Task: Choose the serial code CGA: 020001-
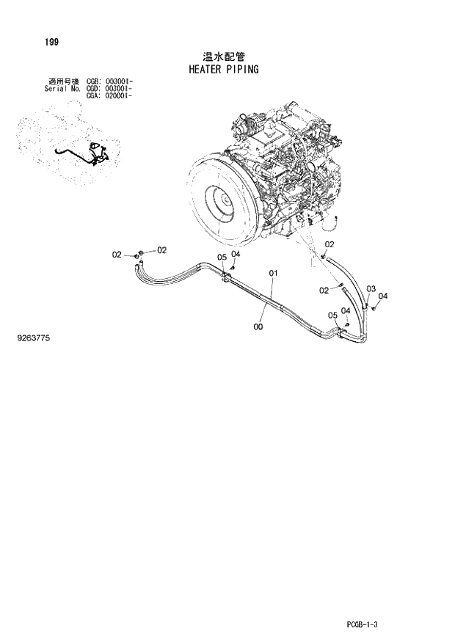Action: pyautogui.click(x=109, y=95)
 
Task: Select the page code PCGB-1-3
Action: pyautogui.click(x=365, y=624)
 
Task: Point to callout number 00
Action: pyautogui.click(x=258, y=327)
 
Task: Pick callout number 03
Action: pyautogui.click(x=371, y=288)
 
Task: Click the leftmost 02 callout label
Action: pyautogui.click(x=117, y=255)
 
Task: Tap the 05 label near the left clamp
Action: pyautogui.click(x=222, y=257)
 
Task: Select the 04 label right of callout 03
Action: pyautogui.click(x=383, y=296)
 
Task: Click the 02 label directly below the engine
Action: pyautogui.click(x=330, y=244)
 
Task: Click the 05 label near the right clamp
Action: pyautogui.click(x=332, y=315)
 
